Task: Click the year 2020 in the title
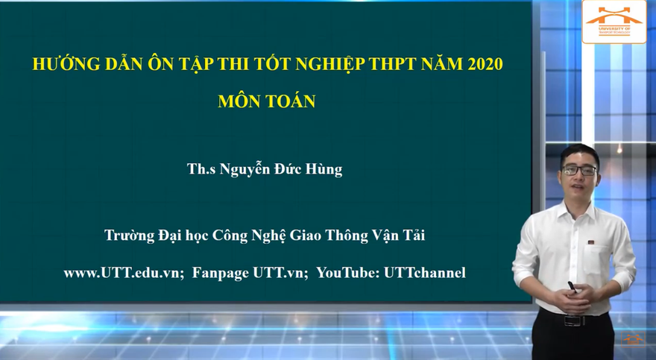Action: pos(485,64)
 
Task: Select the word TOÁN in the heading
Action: pos(288,102)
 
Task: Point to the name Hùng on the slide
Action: pos(326,170)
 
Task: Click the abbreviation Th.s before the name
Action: pos(201,170)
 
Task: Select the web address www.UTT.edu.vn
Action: pos(124,273)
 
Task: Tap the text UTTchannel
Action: pos(425,273)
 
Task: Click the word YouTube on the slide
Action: pos(347,273)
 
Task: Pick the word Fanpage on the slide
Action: pos(221,273)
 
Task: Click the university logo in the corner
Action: pos(614,21)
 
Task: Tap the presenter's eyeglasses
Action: pos(579,171)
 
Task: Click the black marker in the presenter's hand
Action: pos(571,285)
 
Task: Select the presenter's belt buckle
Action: pos(573,320)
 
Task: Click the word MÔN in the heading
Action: pos(238,102)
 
